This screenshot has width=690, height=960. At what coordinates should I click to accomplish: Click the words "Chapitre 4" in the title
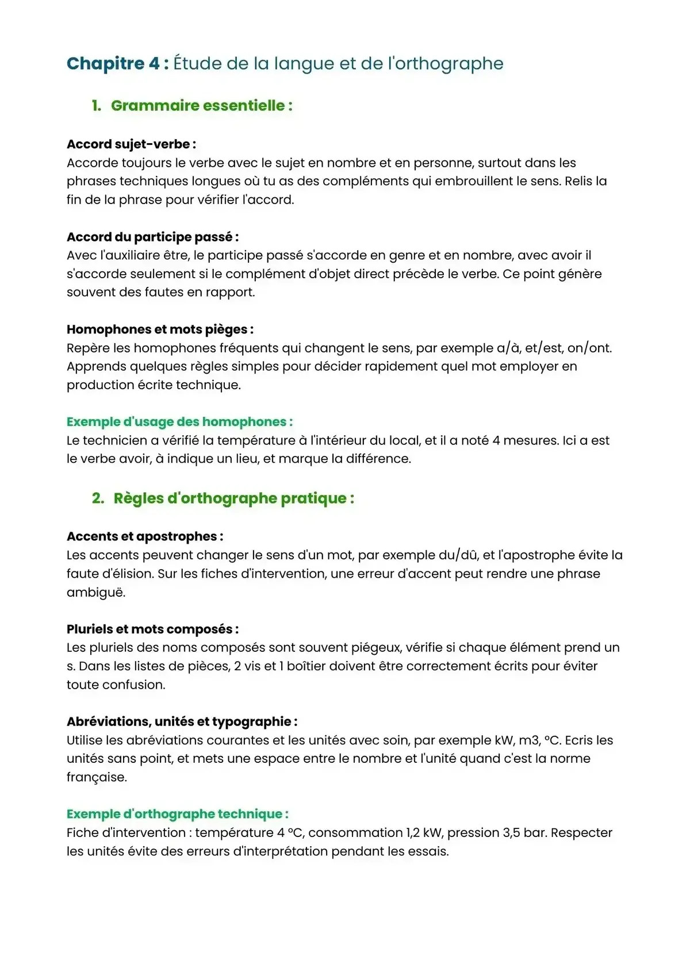[113, 63]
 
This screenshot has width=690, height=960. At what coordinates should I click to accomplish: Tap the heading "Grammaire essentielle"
[201, 106]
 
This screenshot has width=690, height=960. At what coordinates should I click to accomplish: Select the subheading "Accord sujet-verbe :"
[131, 144]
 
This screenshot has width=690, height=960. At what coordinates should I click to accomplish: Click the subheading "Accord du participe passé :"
[152, 237]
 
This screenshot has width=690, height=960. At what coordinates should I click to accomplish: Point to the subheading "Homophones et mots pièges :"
[160, 329]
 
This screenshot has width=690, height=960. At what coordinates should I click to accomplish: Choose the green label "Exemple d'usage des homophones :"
[179, 422]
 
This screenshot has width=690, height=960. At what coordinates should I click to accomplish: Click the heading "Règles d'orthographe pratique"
[233, 498]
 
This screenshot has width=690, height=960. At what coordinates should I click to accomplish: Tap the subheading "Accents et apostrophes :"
[145, 536]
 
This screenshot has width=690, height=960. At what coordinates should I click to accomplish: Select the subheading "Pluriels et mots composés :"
[152, 629]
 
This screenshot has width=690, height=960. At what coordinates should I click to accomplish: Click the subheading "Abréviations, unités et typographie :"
[182, 721]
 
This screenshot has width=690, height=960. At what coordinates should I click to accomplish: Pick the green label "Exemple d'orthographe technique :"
[177, 814]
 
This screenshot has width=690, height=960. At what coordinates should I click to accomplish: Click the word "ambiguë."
[95, 593]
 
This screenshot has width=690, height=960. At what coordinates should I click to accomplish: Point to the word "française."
[97, 777]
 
